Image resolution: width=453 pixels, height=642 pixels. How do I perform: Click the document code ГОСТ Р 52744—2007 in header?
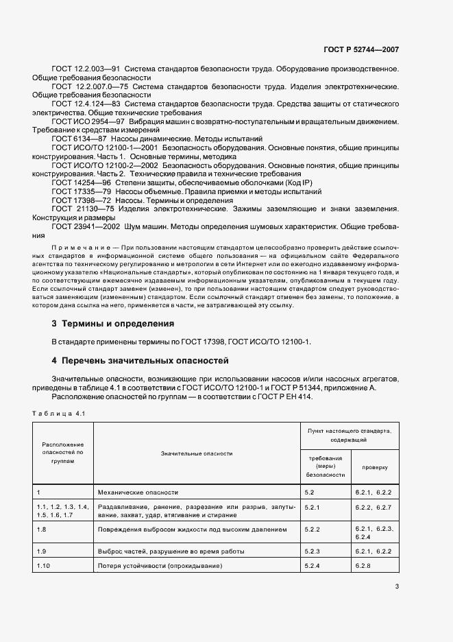361,49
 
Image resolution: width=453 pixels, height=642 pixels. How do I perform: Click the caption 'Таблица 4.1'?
58,413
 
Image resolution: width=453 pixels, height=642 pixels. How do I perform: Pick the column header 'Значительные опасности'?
197,453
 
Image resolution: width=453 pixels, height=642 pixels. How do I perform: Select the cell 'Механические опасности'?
138,492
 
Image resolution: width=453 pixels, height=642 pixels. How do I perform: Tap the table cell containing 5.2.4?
312,565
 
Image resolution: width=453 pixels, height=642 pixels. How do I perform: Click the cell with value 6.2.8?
365,565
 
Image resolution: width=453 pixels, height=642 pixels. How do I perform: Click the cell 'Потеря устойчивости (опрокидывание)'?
160,565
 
